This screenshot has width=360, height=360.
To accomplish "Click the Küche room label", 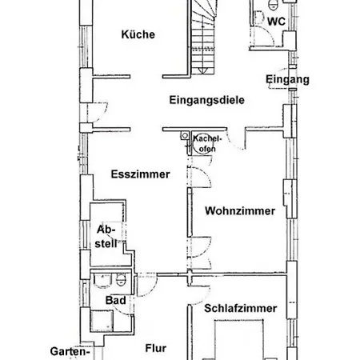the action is click(138, 34).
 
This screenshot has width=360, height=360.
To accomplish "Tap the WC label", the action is click(276, 22).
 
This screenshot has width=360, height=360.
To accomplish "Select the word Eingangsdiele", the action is click(207, 100).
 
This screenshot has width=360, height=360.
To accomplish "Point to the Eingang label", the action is click(287, 79).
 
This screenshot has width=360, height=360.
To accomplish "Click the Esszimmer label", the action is click(141, 174).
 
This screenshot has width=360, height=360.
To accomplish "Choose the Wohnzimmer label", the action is click(240, 211).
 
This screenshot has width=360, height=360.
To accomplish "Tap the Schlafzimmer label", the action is click(241, 308).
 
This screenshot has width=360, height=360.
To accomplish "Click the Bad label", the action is click(116, 301).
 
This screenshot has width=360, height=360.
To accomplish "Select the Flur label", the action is click(156, 348).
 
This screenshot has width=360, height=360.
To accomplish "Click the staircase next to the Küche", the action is click(203, 38).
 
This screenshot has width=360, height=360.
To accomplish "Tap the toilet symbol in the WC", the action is click(273, 4).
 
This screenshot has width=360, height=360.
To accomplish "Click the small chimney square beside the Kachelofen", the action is click(185, 135).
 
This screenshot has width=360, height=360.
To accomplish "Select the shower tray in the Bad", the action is click(102, 321).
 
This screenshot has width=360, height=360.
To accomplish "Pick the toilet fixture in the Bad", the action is click(121, 280).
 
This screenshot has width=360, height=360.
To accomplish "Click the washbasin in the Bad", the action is click(102, 281).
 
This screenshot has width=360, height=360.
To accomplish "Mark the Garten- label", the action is click(70, 351).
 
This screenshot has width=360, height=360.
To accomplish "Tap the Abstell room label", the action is click(106, 237).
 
